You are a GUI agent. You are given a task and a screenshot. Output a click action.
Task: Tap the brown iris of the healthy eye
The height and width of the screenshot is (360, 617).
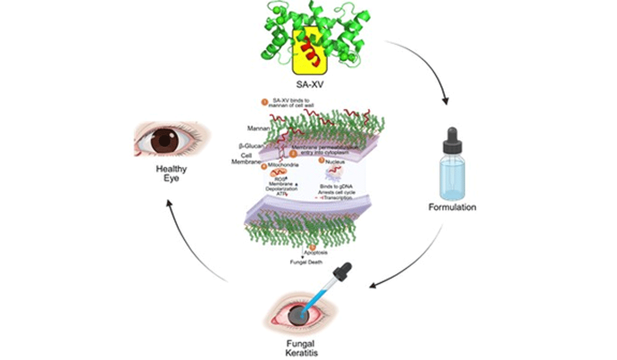(x=166, y=139)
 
